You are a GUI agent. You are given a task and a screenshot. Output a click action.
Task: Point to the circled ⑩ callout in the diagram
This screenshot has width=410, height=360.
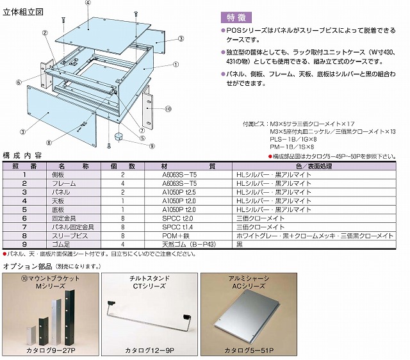168,110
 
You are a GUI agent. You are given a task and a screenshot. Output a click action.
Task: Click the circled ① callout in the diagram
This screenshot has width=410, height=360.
176,64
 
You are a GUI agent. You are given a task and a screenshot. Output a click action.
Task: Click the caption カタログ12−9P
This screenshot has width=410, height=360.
148,350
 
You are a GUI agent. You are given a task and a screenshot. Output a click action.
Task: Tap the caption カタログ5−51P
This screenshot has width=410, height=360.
249,350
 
